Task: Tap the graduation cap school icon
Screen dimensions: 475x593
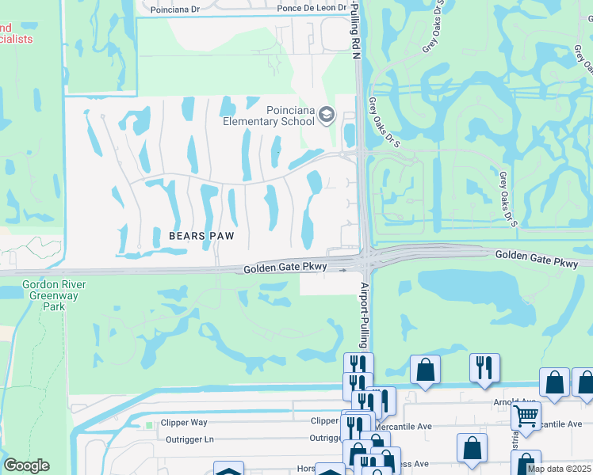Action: (326, 116)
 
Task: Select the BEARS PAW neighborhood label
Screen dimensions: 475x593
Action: (199, 235)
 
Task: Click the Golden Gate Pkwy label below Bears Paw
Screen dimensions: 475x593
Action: (285, 268)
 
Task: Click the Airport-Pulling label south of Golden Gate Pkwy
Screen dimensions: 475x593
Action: (365, 315)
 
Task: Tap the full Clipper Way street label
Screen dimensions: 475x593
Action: (183, 423)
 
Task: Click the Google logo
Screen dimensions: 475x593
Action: (26, 465)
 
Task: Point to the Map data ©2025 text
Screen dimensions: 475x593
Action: (560, 469)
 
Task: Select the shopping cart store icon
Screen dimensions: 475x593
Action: (526, 414)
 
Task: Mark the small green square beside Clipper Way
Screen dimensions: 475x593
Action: (148, 425)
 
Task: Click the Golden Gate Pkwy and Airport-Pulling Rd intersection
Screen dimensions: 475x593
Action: (365, 260)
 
